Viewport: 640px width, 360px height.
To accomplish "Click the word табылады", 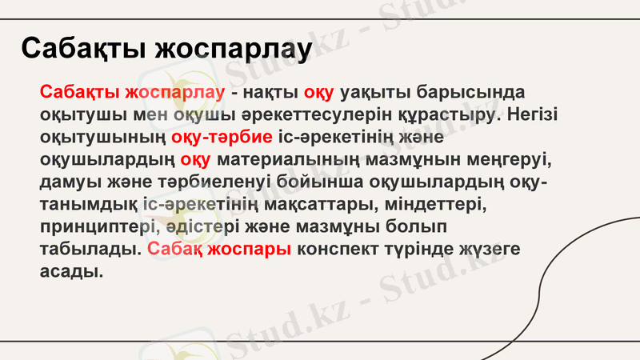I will tap(90, 249).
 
